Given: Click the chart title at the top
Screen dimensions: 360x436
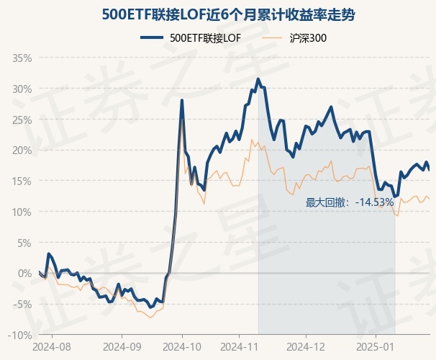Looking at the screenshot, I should point(218,14).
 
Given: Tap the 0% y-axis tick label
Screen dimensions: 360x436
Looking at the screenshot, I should point(25,274).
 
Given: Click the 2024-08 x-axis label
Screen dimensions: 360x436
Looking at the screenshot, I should point(53,346).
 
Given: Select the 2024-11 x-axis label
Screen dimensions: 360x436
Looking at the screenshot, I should point(245,346).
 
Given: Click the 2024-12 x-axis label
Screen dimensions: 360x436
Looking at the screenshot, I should point(306,346).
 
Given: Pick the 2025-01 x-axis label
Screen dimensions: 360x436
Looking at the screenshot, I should point(376,346).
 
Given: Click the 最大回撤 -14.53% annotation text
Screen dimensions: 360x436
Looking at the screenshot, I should point(350,202).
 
